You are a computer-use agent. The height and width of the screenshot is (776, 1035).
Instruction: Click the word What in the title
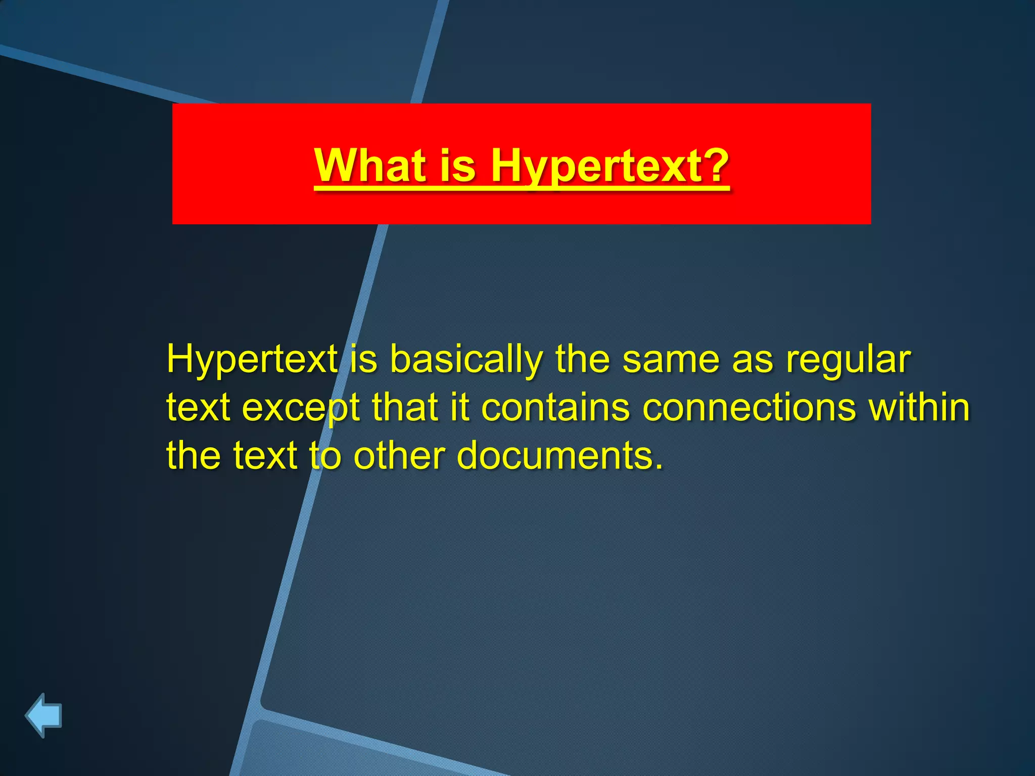[370, 165]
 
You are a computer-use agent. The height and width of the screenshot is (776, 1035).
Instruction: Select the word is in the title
[458, 165]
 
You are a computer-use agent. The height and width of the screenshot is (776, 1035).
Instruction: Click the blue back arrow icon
[43, 715]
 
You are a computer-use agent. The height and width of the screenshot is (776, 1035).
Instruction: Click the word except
[301, 407]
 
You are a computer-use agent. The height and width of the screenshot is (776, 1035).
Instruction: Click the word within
[919, 407]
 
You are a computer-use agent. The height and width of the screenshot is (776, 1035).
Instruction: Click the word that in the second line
[404, 407]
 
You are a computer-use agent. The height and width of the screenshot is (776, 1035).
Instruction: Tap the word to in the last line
[325, 455]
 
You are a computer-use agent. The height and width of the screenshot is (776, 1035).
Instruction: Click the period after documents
[658, 467]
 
